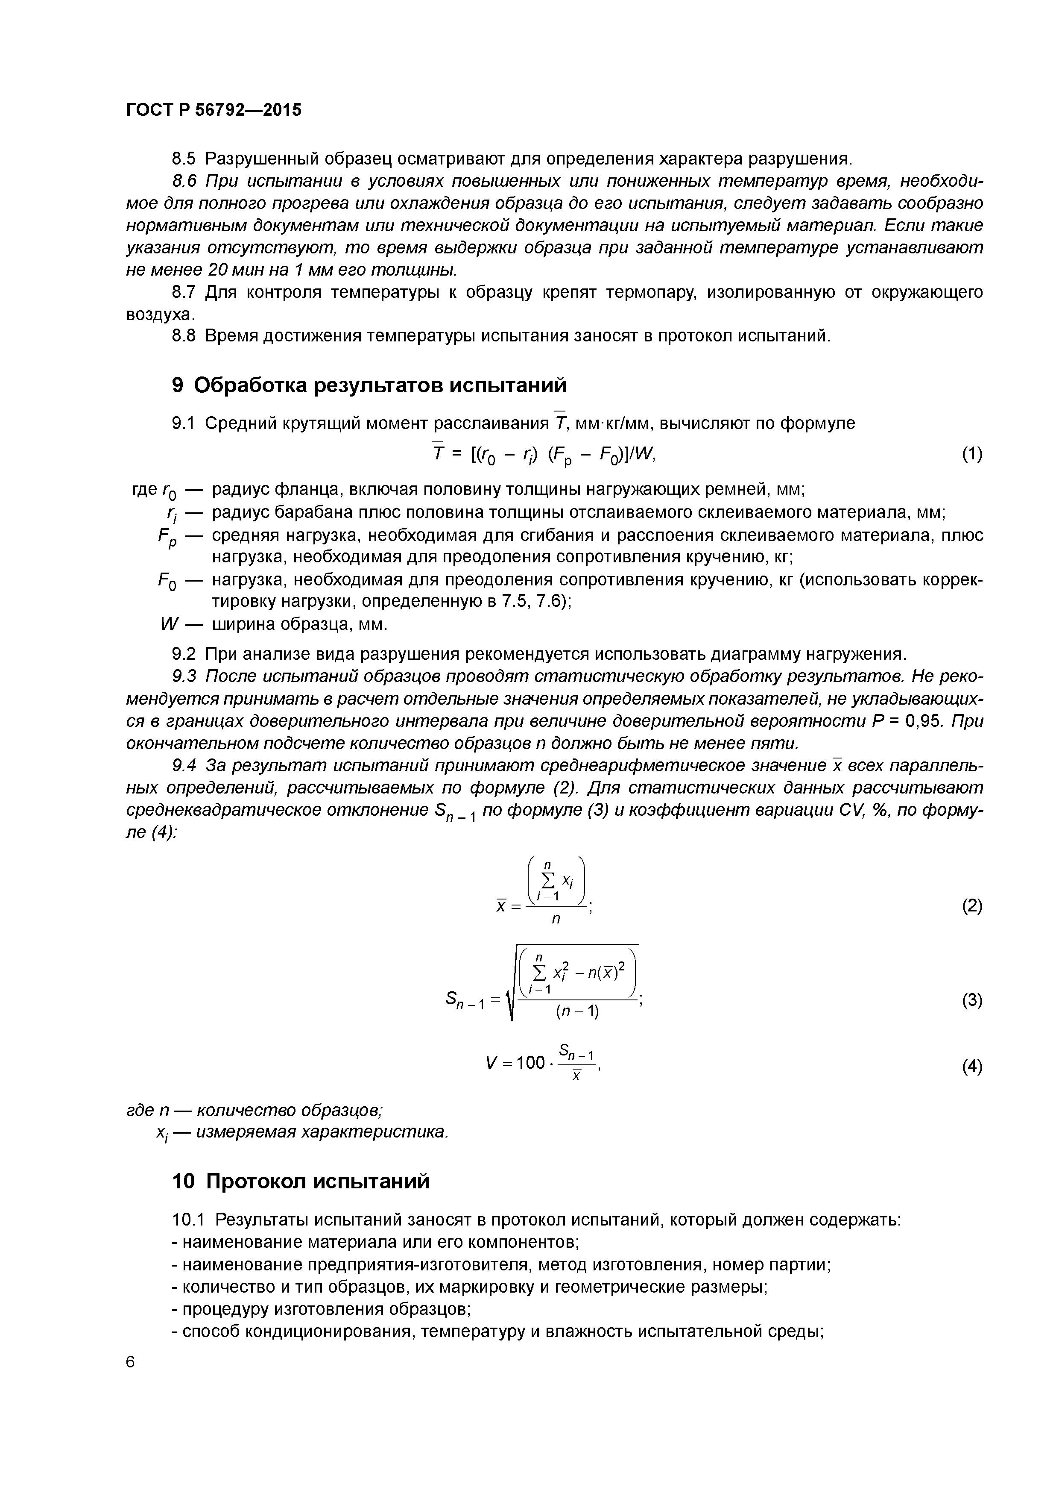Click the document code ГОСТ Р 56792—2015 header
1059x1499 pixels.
pyautogui.click(x=214, y=110)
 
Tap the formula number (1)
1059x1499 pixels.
pyautogui.click(x=971, y=454)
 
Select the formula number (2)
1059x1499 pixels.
pyautogui.click(x=971, y=906)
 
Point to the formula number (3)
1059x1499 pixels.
pyautogui.click(x=971, y=1000)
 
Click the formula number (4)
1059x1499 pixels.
pyautogui.click(x=971, y=1067)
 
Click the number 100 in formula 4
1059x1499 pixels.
pyautogui.click(x=530, y=1063)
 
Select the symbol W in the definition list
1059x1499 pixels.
pyautogui.click(x=168, y=625)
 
